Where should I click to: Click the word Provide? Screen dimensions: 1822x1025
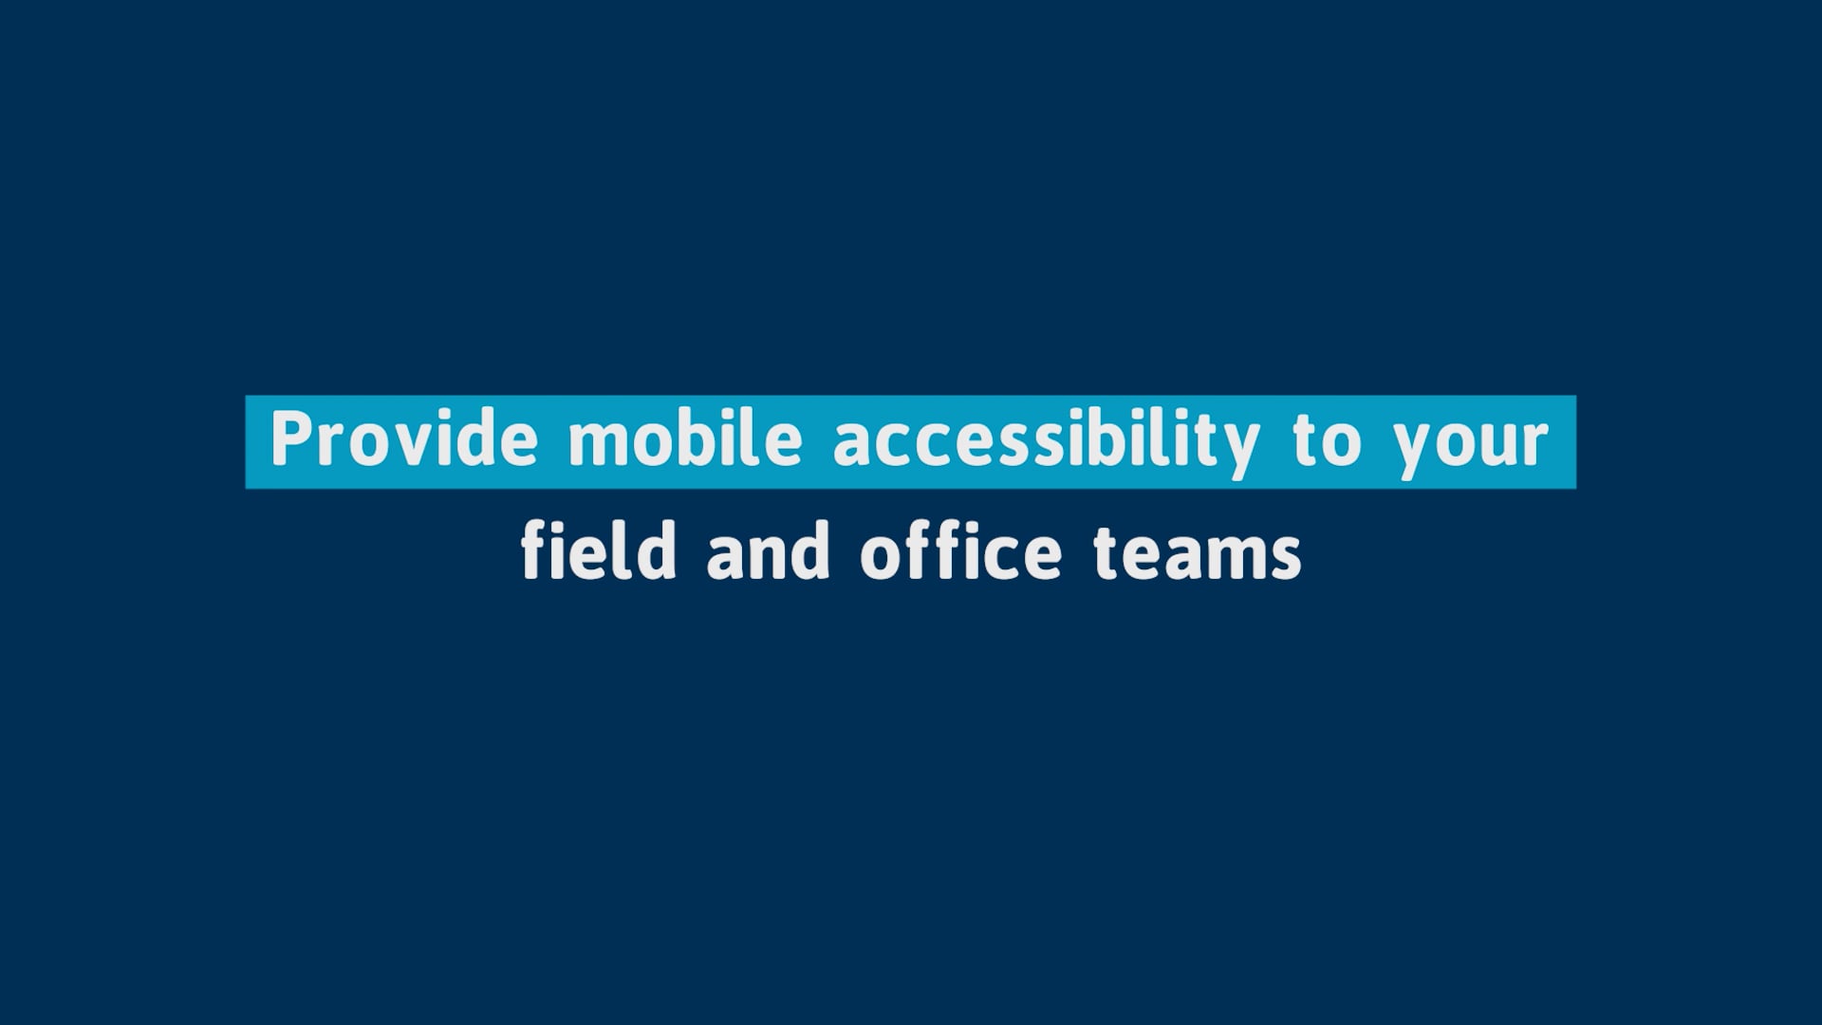(x=404, y=438)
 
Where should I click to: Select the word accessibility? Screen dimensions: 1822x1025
(x=1047, y=443)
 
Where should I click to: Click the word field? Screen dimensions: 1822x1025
(x=599, y=550)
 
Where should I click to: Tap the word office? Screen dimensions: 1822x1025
(x=961, y=550)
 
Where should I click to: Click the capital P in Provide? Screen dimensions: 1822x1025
(x=291, y=439)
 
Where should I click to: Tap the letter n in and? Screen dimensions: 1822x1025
(x=769, y=556)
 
